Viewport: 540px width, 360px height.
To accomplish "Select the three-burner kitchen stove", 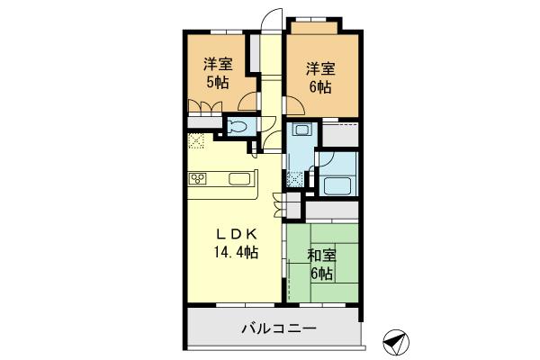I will (198, 178).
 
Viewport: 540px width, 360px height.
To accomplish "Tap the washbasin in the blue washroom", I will (301, 133).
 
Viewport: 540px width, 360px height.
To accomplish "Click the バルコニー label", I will (278, 328).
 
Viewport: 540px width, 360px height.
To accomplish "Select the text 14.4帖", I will (237, 254).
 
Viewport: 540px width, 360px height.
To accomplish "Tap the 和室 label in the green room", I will (321, 256).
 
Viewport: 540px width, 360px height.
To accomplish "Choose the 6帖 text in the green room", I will (321, 274).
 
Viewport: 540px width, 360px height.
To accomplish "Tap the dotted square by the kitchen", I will (197, 141).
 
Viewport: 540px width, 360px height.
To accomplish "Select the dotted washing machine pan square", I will (294, 178).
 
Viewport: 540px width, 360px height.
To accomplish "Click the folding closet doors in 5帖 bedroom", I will (205, 110).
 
